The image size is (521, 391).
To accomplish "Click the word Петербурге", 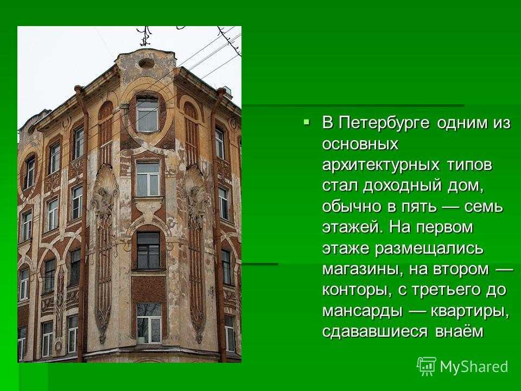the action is [384, 123].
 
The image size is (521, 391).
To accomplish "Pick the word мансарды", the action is [363, 311].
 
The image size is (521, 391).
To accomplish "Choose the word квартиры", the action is [469, 311].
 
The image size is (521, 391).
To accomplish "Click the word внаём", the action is [459, 331].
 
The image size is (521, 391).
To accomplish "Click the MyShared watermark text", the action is [474, 367].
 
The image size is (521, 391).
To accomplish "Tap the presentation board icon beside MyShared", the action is [427, 367].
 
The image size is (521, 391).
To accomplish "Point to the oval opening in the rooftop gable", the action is [146, 63].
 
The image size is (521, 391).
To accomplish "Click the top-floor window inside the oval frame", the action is [147, 115].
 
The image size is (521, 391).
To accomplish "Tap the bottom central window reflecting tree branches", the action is [149, 323].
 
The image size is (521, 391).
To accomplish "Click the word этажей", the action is [352, 228].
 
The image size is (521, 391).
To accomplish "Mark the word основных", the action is [360, 144].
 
